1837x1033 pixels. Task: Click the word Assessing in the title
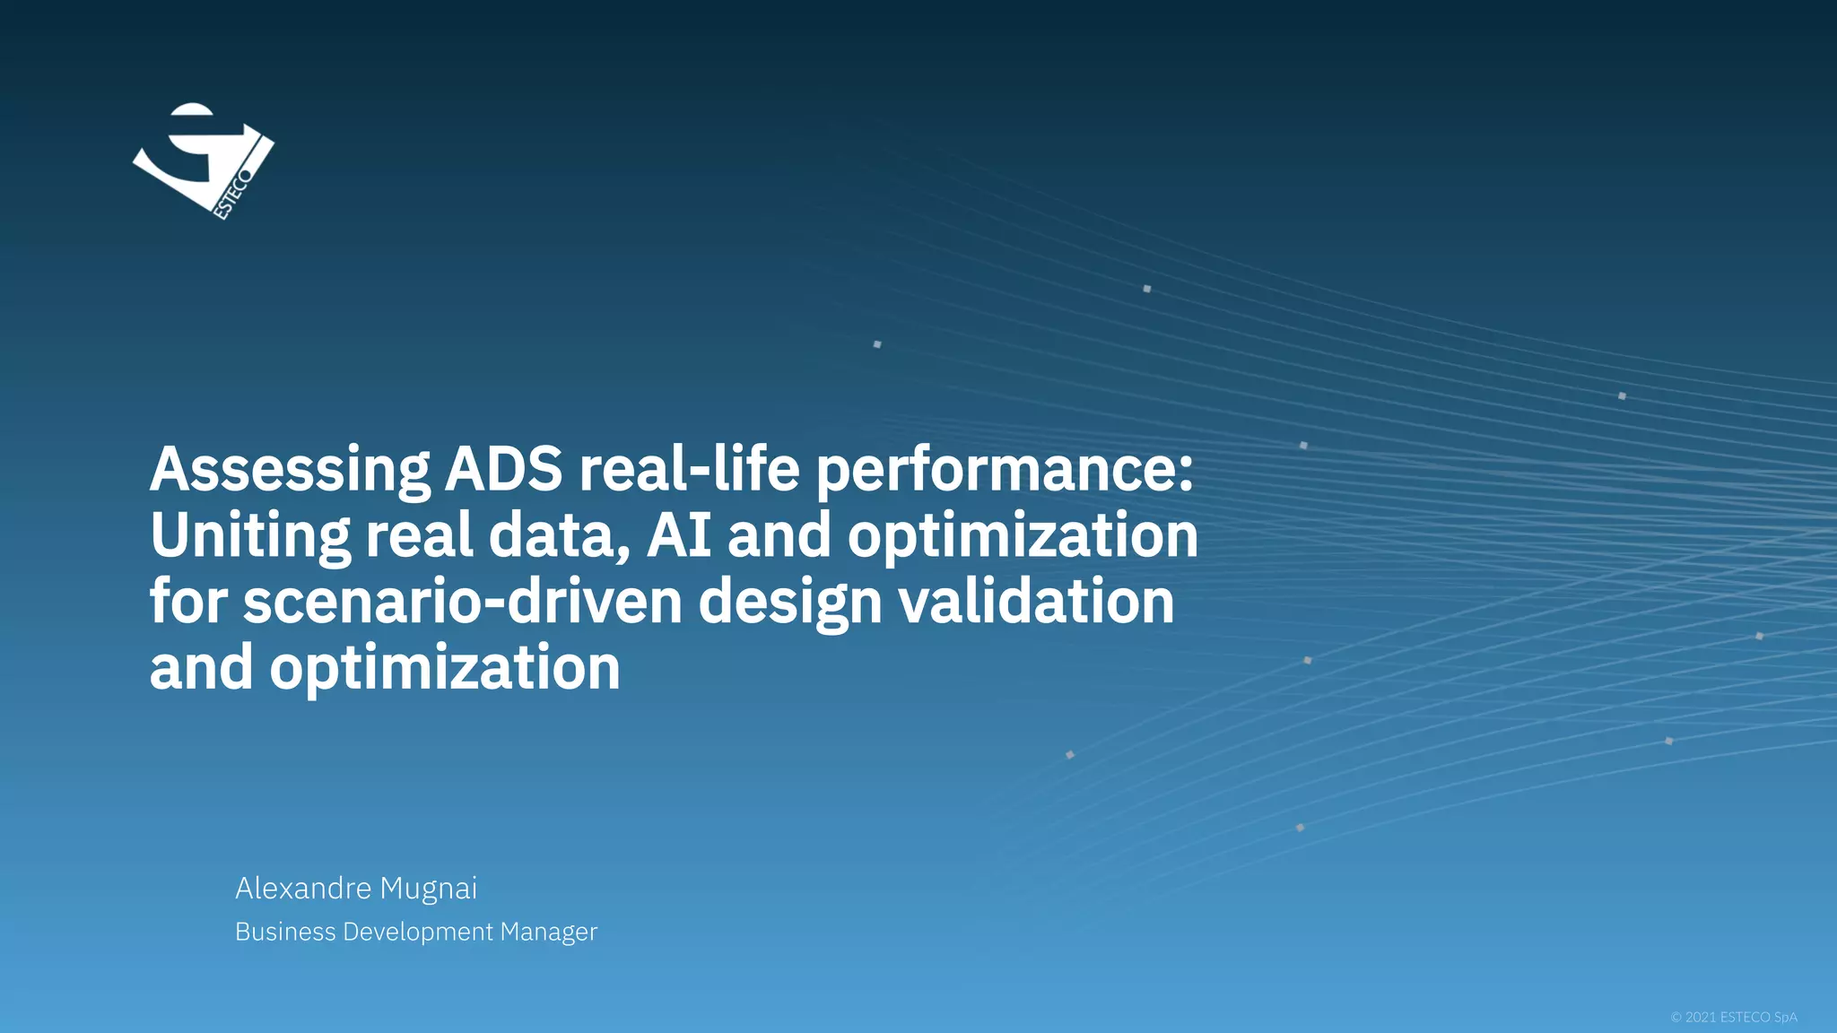point(290,469)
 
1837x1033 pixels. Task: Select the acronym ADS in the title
point(503,469)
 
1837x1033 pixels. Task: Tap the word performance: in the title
point(1005,469)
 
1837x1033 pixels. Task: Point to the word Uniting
point(249,535)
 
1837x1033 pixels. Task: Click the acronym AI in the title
point(679,535)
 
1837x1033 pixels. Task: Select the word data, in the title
point(559,535)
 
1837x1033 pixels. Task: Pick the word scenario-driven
point(463,602)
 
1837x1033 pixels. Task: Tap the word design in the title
point(789,602)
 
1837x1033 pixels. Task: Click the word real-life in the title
point(689,469)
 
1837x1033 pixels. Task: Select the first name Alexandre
point(303,888)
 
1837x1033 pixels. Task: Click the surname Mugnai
point(428,888)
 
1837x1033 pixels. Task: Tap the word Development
point(418,932)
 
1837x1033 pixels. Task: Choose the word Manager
point(548,932)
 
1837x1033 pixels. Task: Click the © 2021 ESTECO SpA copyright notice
point(1733,1017)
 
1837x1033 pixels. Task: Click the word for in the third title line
point(188,602)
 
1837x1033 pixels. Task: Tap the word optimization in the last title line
point(444,668)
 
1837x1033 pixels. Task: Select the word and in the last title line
point(201,668)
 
